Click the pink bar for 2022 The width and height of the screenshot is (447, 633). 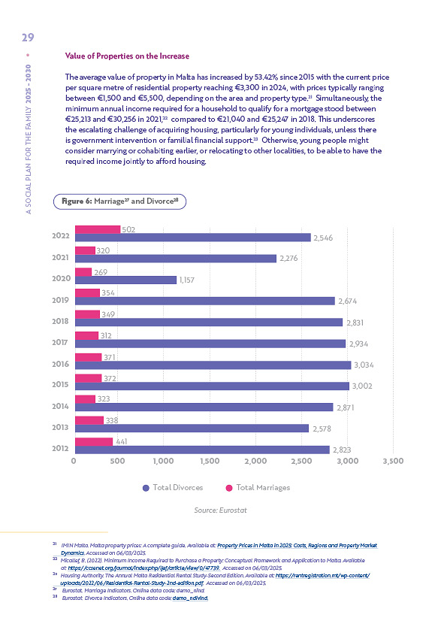tap(98, 229)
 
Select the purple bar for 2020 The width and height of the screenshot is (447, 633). tap(126, 280)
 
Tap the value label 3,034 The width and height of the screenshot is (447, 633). tap(364, 365)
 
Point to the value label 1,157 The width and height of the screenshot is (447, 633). tap(187, 280)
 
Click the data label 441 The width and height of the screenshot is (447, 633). tap(122, 441)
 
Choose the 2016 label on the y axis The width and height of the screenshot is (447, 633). tap(61, 364)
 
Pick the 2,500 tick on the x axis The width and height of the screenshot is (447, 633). tap(301, 461)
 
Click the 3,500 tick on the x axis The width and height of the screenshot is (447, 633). tap(393, 461)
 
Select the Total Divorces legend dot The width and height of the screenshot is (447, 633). tap(146, 488)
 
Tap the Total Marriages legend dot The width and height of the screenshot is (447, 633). tap(229, 488)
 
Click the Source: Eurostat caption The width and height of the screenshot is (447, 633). tap(220, 510)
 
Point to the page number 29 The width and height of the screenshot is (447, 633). tap(28, 38)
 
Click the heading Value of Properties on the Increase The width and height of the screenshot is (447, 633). tap(127, 56)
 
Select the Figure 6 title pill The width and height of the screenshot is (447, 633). tap(119, 201)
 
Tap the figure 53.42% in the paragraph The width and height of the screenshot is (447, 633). tap(266, 77)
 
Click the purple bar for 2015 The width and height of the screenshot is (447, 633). tap(212, 386)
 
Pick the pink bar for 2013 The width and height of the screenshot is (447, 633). tap(89, 420)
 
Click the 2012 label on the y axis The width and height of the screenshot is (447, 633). tap(61, 448)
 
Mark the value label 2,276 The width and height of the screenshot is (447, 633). tap(288, 259)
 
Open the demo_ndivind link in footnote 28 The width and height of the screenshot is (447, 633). tap(190, 598)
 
